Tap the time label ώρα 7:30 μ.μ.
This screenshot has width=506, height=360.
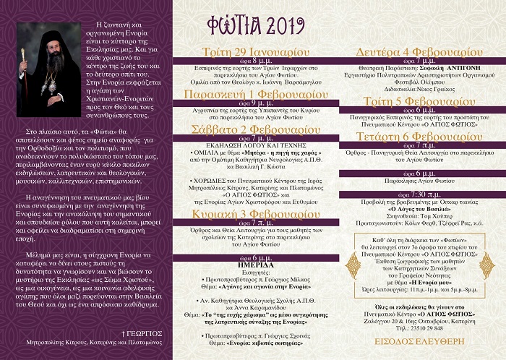[x=419, y=194]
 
